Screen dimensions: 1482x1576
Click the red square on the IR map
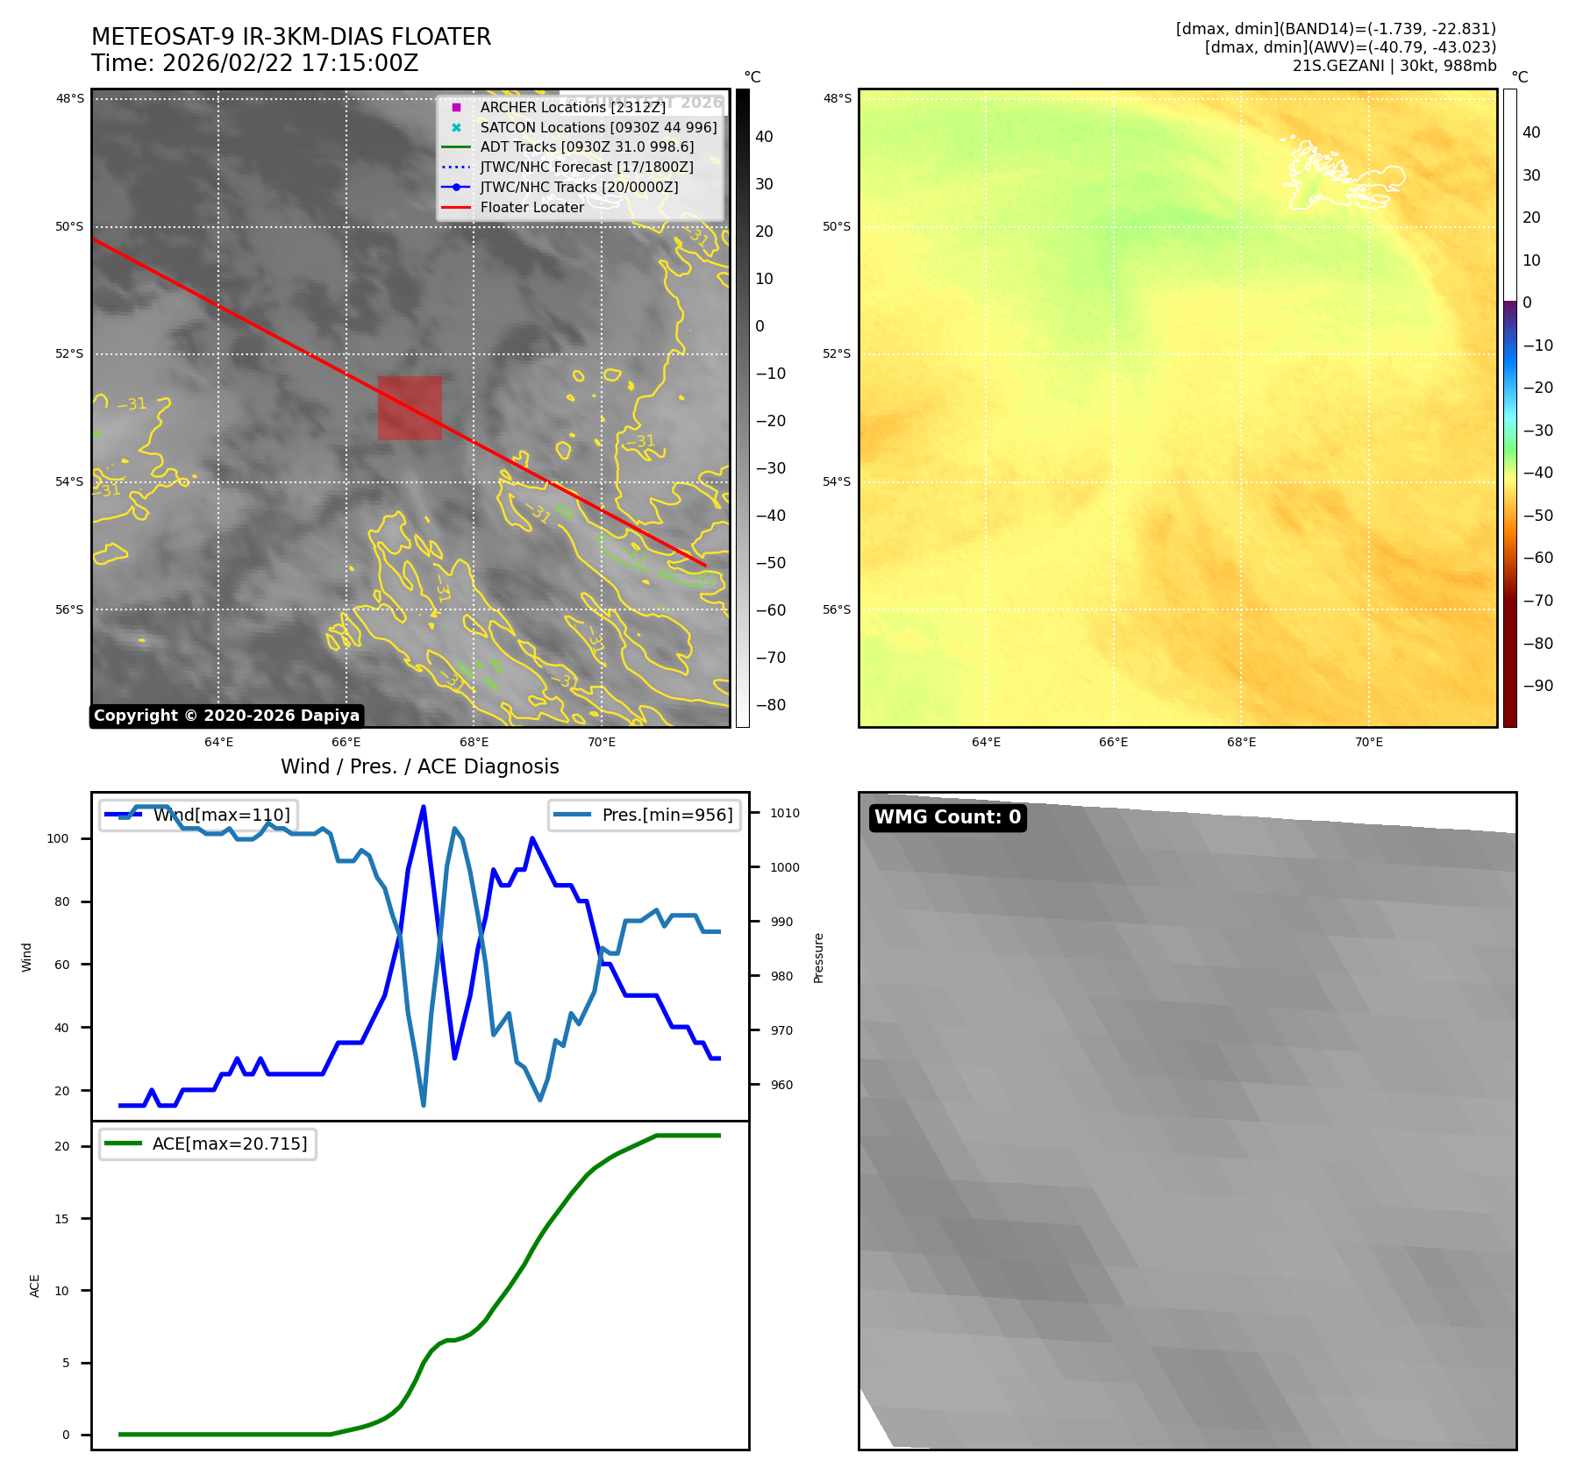(410, 408)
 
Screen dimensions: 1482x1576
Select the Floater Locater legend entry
(531, 208)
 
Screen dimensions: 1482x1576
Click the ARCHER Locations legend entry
(572, 107)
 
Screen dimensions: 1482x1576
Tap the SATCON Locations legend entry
(598, 127)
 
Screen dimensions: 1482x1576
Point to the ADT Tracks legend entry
(586, 147)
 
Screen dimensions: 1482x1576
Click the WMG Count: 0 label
(947, 817)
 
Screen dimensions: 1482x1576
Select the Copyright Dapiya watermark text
(226, 716)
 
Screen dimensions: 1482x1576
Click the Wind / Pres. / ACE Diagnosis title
(419, 766)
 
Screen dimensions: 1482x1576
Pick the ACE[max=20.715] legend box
(208, 1144)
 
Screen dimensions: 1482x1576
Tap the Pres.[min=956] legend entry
(645, 815)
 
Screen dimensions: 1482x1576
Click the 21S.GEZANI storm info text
(1394, 66)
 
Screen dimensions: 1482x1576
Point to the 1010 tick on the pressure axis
(784, 813)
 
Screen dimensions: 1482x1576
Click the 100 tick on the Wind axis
(58, 838)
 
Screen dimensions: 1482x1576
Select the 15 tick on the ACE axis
(61, 1219)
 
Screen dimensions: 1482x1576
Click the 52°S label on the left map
(70, 354)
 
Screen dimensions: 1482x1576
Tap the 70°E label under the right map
(1368, 742)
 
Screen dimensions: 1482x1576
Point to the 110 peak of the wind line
(424, 807)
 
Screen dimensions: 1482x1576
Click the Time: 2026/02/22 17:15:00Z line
(255, 64)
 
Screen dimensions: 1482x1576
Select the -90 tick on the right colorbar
(1537, 686)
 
